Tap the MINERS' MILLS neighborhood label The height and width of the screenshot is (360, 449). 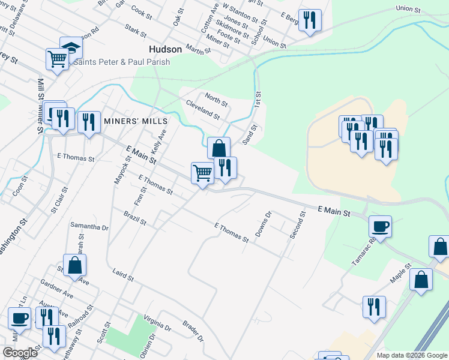[x=134, y=121]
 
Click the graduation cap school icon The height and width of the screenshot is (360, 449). [x=70, y=48]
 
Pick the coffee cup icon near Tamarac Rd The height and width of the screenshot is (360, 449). [x=380, y=227]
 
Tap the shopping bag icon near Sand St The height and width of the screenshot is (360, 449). [x=218, y=148]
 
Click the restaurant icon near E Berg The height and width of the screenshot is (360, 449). [x=310, y=20]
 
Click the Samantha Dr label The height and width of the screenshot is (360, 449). [x=89, y=227]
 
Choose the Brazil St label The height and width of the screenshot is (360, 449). [x=135, y=218]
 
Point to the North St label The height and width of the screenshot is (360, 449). [x=215, y=99]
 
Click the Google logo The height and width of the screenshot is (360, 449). [x=20, y=353]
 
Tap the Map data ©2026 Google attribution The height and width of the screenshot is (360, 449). [x=411, y=355]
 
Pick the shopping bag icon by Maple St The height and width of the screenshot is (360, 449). [x=422, y=279]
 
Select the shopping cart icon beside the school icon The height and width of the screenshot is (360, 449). [x=56, y=59]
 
